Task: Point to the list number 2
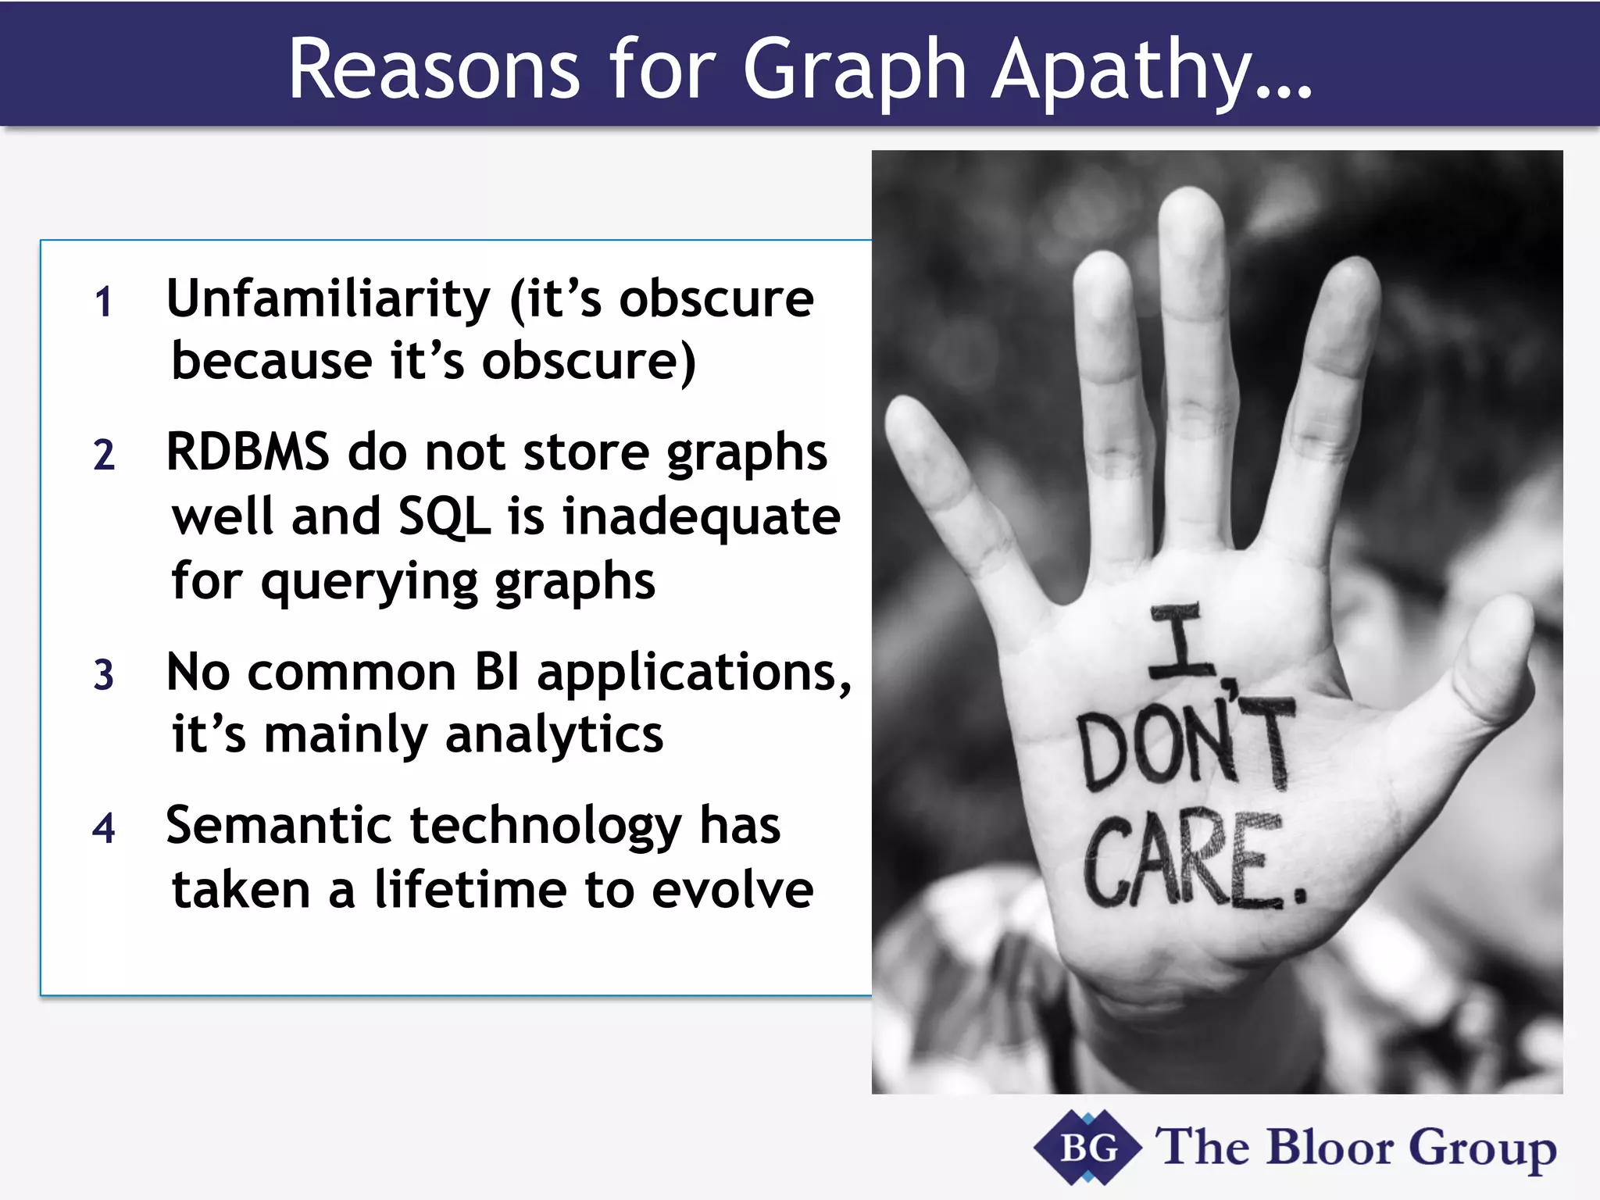click(104, 455)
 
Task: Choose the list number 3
click(104, 675)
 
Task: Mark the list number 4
click(104, 828)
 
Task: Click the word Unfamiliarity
click(328, 298)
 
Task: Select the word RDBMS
click(248, 452)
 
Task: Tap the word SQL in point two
click(445, 516)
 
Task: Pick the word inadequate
click(701, 516)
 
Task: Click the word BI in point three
click(497, 672)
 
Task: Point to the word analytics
click(554, 735)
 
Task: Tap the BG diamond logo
click(1087, 1148)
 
